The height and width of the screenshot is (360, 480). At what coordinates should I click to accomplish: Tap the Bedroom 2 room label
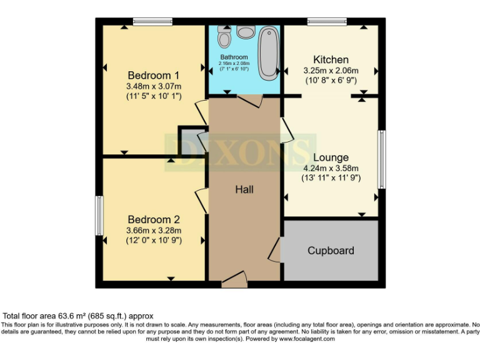pos(154,219)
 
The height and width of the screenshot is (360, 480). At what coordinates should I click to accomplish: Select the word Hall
pos(244,189)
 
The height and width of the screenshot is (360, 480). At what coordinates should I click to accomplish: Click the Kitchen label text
pos(331,60)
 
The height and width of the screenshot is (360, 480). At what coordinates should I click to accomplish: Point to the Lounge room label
pos(331,157)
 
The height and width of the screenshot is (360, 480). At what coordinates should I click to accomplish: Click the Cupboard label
pos(331,251)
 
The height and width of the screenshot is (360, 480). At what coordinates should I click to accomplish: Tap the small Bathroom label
pos(234,57)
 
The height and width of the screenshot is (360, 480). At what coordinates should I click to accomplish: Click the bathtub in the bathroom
pos(269,52)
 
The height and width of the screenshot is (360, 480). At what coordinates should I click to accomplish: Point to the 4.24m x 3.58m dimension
pos(331,167)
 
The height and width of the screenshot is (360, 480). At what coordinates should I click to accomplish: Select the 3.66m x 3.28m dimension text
pos(154,229)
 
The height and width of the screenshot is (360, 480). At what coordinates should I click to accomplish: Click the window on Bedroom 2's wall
pos(99,216)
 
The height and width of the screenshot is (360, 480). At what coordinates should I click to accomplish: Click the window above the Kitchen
pos(327,21)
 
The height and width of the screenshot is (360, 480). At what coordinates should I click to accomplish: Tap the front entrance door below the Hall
pos(234,279)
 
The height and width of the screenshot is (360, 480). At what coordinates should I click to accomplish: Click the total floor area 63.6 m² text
pos(79,316)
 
